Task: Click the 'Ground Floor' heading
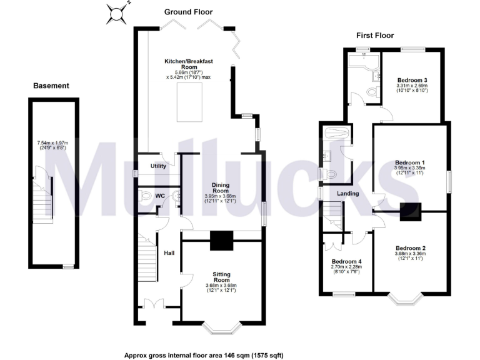[188, 12]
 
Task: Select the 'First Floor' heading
[375, 36]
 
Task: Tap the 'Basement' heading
[51, 86]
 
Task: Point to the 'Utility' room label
[157, 166]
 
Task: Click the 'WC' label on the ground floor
[160, 196]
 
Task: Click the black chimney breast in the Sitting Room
[221, 240]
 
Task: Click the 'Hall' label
[169, 253]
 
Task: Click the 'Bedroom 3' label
[412, 80]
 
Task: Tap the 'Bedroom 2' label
[410, 248]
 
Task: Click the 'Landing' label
[348, 194]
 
